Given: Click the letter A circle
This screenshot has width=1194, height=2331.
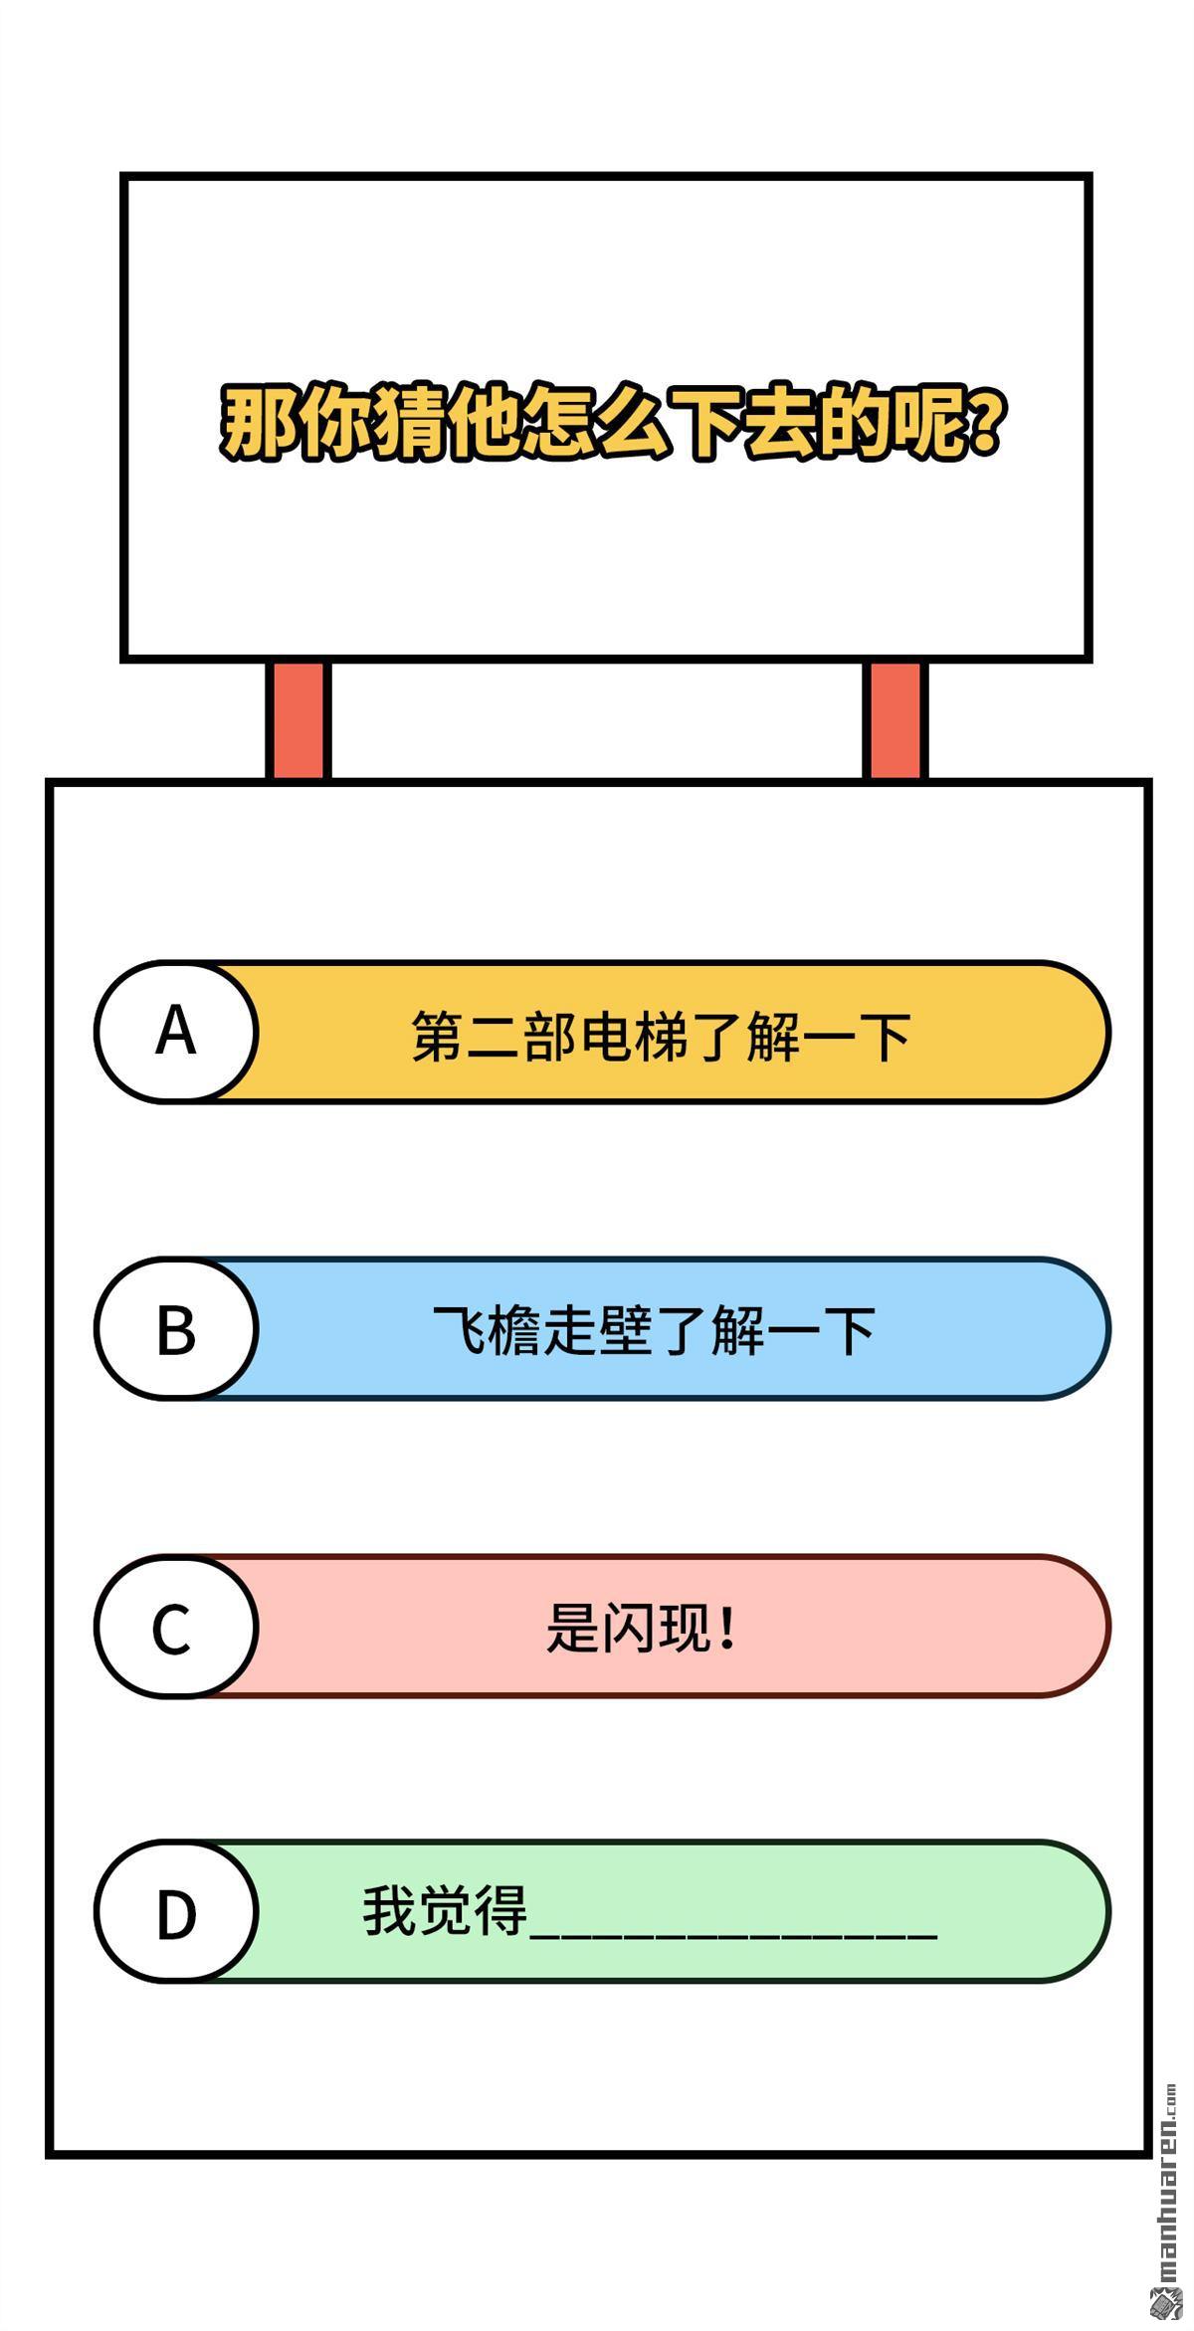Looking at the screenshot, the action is pyautogui.click(x=176, y=1032).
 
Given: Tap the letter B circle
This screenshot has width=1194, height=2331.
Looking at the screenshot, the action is pyautogui.click(x=176, y=1328).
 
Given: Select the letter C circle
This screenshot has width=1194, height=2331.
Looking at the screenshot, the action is pyautogui.click(x=176, y=1626).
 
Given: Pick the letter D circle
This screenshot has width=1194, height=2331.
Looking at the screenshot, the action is pyautogui.click(x=176, y=1911).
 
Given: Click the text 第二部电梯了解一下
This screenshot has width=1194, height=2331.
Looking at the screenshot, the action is pyautogui.click(x=661, y=1036).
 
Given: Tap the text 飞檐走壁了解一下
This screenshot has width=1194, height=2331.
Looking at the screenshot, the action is pyautogui.click(x=654, y=1331).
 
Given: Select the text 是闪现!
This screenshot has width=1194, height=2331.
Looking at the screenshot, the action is pyautogui.click(x=642, y=1628).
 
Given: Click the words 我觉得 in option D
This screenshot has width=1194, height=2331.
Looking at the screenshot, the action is pyautogui.click(x=445, y=1910).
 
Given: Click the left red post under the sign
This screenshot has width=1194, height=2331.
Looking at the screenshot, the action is pyautogui.click(x=298, y=720).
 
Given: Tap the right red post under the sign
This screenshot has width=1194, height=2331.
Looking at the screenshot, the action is pyautogui.click(x=895, y=720).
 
